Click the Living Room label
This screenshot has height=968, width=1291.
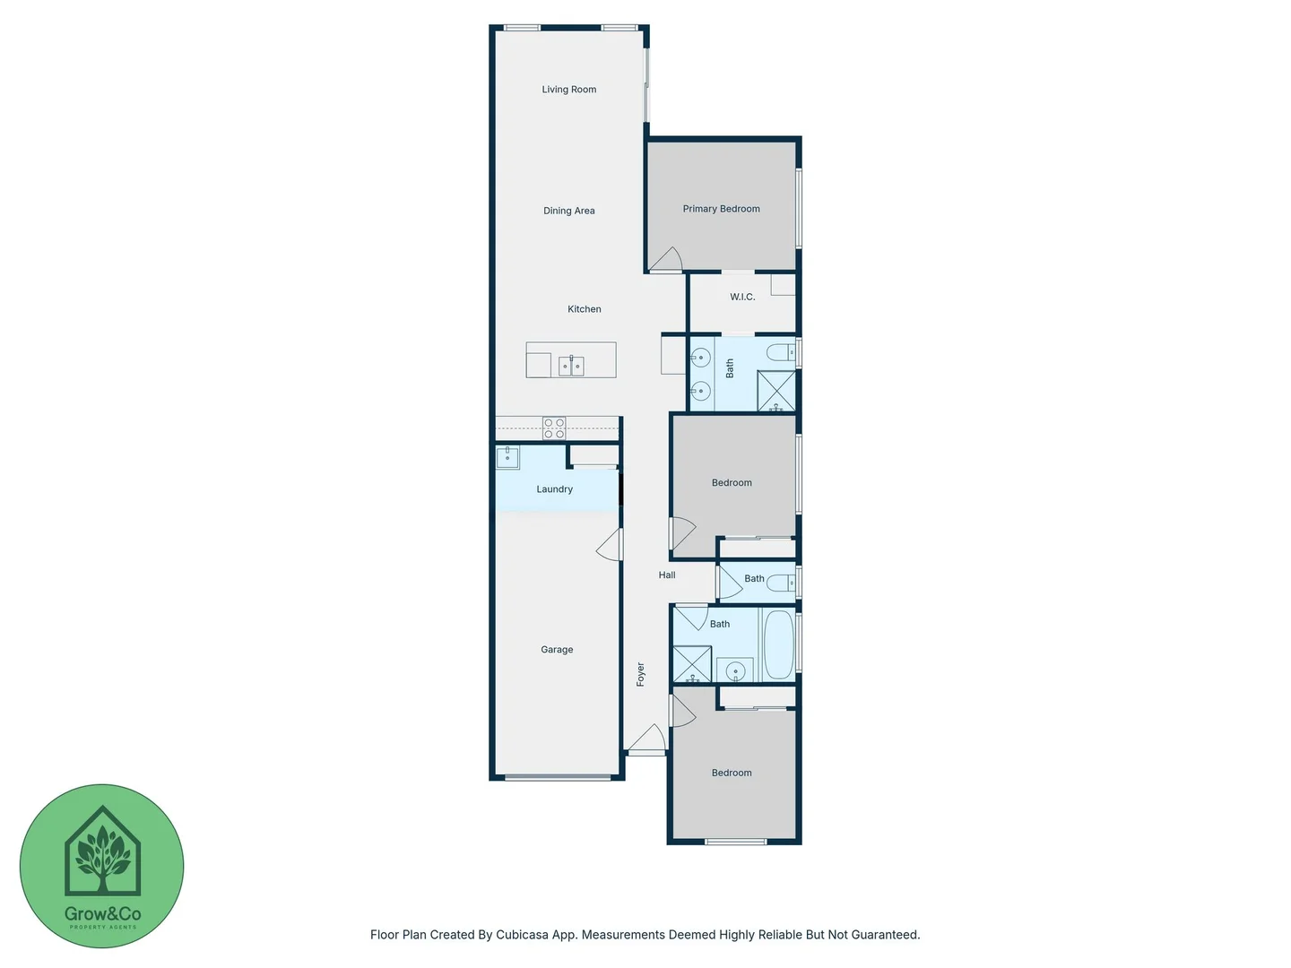tap(568, 90)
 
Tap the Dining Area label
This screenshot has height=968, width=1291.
tap(568, 211)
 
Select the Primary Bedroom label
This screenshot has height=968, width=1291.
tap(721, 209)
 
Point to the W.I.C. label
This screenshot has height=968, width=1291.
tap(742, 297)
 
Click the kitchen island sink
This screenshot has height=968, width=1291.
tap(571, 365)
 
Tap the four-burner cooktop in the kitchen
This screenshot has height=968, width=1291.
tap(554, 428)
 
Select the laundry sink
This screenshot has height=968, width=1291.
tap(507, 457)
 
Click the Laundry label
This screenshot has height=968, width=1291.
tap(554, 489)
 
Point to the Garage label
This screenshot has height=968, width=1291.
tap(557, 650)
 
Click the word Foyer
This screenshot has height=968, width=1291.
tap(640, 674)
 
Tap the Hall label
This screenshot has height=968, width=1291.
tap(667, 575)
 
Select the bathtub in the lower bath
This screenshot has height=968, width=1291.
tap(778, 644)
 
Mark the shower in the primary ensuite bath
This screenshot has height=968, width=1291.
tap(776, 391)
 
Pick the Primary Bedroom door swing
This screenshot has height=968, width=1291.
tap(666, 260)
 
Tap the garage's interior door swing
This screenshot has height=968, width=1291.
tap(610, 544)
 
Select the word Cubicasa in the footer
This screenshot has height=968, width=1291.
tap(523, 935)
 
